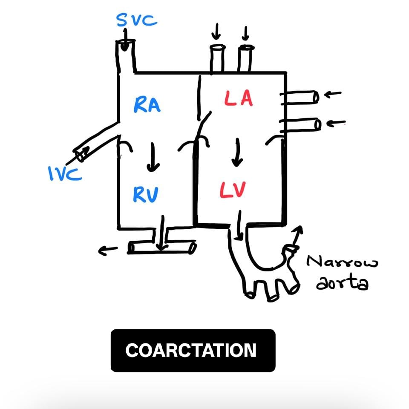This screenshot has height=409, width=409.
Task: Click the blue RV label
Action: tap(145, 195)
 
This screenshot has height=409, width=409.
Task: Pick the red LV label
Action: tap(233, 189)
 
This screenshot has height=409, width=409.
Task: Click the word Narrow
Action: tap(343, 261)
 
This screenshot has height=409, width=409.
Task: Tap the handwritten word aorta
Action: tap(341, 283)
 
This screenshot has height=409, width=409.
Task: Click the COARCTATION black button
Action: tap(193, 350)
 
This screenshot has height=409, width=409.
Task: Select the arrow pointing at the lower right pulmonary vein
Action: tap(337, 124)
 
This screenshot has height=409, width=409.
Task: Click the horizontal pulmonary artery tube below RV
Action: tap(162, 248)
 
